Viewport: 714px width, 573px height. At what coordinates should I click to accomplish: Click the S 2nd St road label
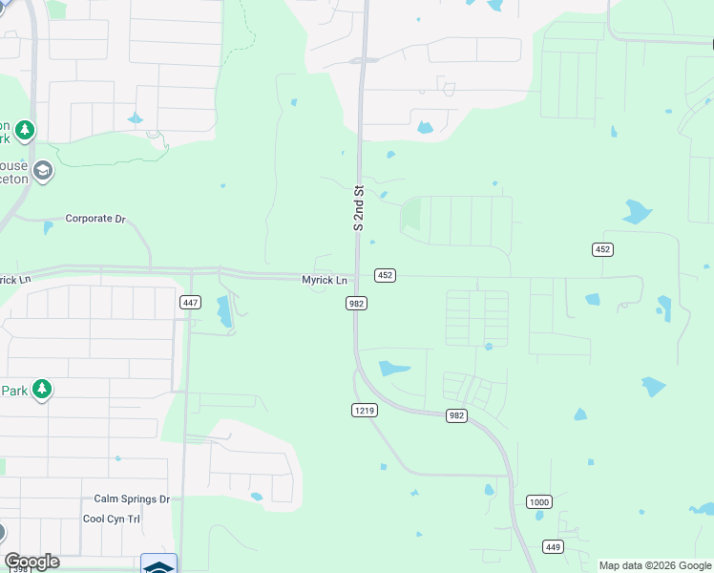point(359,208)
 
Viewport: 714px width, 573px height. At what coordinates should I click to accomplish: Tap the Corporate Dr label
point(95,219)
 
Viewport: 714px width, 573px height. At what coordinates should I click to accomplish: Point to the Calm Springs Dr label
point(131,499)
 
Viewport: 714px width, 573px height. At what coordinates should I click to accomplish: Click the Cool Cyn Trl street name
point(112,519)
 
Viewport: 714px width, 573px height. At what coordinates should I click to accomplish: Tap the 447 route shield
point(190,302)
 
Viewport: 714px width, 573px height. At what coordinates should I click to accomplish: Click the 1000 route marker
point(538,501)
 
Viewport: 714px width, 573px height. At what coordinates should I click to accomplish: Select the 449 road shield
point(553,546)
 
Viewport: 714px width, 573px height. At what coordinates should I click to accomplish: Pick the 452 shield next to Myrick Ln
point(385,275)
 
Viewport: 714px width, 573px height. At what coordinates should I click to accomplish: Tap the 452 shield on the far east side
point(601,249)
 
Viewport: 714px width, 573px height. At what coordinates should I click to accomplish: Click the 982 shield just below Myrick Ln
point(356,303)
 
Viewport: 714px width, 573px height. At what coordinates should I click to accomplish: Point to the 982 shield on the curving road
point(456,415)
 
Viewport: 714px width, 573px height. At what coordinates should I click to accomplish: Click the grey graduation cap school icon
point(42,171)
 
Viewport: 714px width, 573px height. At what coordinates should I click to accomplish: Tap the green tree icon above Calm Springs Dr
point(41,389)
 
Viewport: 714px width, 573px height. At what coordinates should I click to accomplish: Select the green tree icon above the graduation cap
point(25,130)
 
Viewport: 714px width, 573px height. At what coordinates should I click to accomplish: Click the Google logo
point(31,562)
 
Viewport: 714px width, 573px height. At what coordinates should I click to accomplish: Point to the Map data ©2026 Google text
point(655,565)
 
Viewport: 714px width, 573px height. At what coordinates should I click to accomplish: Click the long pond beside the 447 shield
point(224,312)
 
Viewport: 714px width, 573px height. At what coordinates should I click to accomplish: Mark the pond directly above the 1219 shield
point(393,368)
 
